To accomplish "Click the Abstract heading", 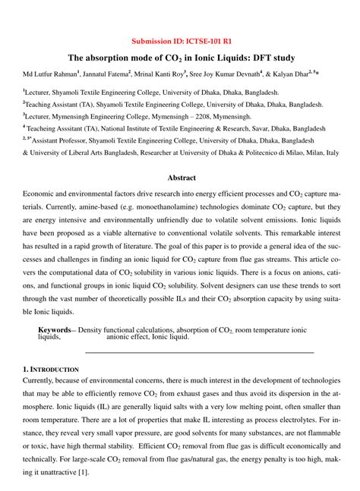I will [181, 178].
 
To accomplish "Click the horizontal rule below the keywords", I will [199, 352].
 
